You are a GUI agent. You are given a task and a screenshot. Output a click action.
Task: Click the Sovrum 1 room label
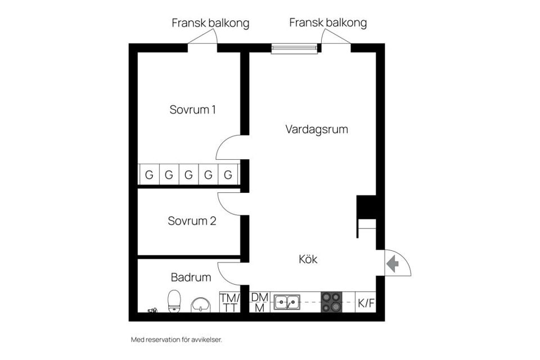click(x=192, y=110)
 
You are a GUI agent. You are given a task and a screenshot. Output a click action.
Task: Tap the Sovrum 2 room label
click(x=192, y=221)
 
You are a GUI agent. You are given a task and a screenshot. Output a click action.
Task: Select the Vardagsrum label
click(x=316, y=129)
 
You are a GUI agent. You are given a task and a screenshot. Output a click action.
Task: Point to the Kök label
click(x=308, y=259)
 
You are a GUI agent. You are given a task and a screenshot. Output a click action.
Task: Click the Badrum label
click(x=191, y=277)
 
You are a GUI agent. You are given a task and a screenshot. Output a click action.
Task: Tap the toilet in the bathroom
click(x=174, y=301)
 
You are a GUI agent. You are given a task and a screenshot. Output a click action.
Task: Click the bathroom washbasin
click(x=200, y=304)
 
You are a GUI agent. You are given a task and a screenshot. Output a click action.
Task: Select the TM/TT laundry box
click(x=229, y=302)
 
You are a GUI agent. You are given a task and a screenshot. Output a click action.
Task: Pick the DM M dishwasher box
click(x=259, y=302)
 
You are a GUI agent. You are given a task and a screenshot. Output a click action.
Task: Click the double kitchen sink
click(x=287, y=303)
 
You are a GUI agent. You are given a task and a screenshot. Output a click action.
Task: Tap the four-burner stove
click(x=331, y=303)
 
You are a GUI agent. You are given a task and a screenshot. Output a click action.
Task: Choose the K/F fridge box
click(x=366, y=303)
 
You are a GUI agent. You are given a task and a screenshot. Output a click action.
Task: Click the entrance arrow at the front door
click(x=393, y=263)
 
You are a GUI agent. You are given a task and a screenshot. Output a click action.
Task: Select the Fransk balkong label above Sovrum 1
click(x=210, y=23)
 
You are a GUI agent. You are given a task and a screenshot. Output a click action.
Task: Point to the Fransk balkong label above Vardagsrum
click(x=328, y=22)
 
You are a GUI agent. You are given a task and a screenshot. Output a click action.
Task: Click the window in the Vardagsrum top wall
click(x=294, y=48)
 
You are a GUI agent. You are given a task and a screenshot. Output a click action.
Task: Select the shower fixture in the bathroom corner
click(x=152, y=310)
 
